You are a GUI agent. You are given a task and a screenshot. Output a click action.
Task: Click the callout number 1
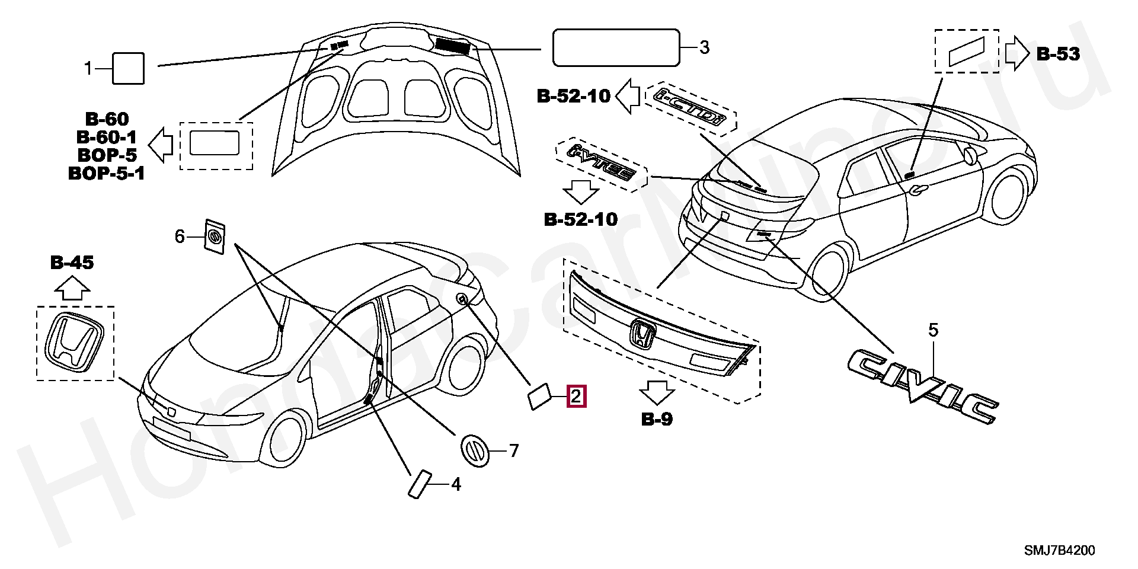(88, 69)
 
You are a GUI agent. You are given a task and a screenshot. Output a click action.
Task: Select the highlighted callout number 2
(577, 397)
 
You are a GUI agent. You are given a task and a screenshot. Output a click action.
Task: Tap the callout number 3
(704, 47)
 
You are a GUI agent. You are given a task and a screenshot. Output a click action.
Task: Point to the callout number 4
(455, 485)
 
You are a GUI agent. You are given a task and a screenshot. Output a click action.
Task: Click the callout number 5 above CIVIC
(933, 330)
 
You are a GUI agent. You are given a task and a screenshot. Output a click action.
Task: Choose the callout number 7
(513, 452)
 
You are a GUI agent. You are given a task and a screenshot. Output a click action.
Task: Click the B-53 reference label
(1058, 54)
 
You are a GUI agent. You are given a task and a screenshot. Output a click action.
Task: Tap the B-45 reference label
(72, 263)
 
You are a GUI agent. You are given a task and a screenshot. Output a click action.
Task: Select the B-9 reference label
(657, 420)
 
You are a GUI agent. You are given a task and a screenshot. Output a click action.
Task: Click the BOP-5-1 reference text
(107, 174)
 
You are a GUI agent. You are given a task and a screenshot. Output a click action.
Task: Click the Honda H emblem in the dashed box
(75, 343)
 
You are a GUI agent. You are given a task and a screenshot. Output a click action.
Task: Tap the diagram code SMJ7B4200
(1059, 551)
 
